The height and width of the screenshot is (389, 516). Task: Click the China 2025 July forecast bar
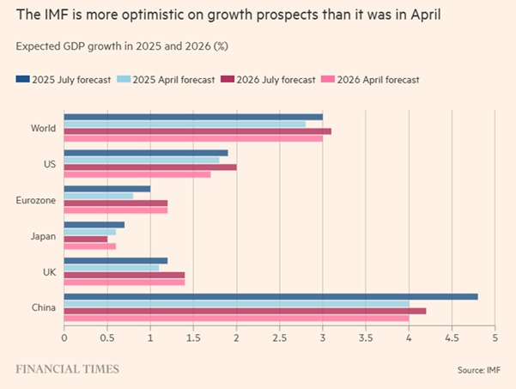click(270, 297)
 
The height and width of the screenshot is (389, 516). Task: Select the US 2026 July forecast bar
click(150, 167)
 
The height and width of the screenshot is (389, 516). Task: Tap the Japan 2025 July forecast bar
click(94, 225)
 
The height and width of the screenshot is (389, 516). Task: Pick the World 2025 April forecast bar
click(185, 124)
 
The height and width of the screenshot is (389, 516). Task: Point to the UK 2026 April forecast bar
click(124, 282)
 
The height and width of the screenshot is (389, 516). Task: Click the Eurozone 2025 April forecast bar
click(99, 196)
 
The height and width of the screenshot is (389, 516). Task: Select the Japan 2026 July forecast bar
click(86, 239)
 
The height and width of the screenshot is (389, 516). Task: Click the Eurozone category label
click(36, 201)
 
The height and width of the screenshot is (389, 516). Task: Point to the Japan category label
click(43, 236)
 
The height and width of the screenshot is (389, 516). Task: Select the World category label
click(43, 129)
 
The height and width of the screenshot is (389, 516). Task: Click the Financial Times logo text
click(67, 369)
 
